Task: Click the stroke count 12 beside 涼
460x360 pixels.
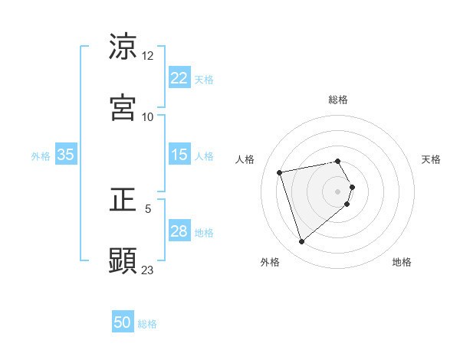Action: click(148, 56)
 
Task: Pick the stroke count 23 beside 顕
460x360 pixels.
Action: click(148, 270)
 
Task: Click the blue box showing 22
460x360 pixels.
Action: click(179, 78)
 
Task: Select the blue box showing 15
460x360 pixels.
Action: click(179, 155)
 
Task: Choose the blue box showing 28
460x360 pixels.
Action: click(179, 231)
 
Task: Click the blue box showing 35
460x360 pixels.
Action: click(66, 155)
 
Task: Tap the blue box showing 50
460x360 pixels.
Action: click(123, 323)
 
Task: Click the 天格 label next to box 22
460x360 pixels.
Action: click(204, 79)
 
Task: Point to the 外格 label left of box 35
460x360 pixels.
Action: click(41, 155)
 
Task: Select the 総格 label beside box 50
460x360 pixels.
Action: click(147, 324)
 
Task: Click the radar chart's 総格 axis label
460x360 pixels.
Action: click(338, 100)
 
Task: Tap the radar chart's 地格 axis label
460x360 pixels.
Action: click(402, 262)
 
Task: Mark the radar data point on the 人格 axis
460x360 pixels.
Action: click(280, 172)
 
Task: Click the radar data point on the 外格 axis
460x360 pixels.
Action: click(301, 242)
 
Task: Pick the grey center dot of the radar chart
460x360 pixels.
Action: click(338, 191)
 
